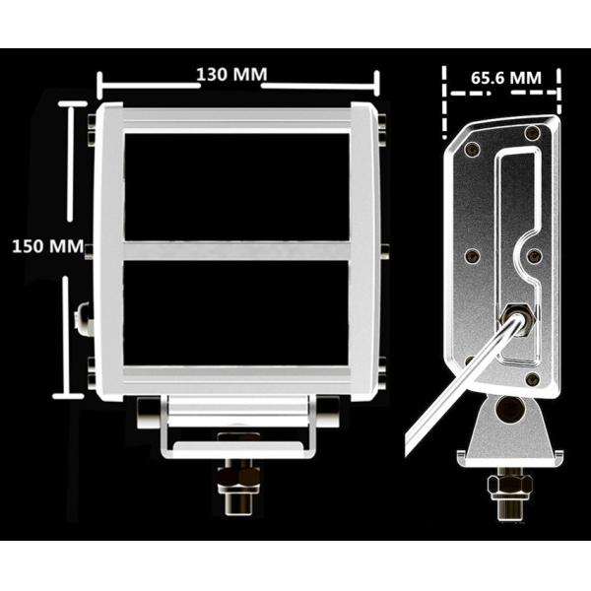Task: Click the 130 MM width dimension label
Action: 231,75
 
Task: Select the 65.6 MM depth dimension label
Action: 505,76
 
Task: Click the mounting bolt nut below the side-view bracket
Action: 509,484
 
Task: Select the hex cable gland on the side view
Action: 516,318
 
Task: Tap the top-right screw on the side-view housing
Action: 532,133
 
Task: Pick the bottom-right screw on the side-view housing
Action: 533,378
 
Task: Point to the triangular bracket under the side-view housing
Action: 509,428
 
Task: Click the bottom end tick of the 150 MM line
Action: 68,396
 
